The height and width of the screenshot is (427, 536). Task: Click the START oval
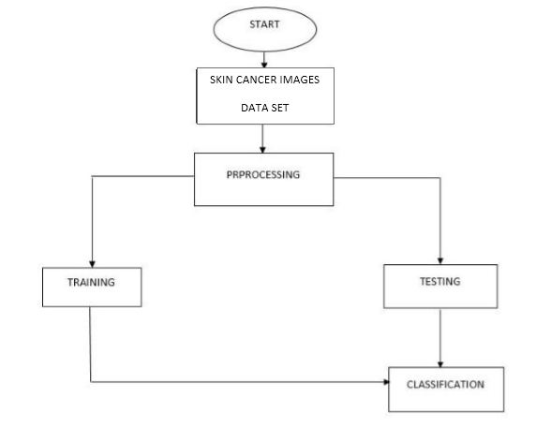pyautogui.click(x=264, y=27)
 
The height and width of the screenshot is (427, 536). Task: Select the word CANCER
pyautogui.click(x=260, y=80)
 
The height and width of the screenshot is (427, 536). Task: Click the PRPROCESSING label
pyautogui.click(x=263, y=175)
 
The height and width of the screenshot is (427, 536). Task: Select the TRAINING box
pyautogui.click(x=92, y=287)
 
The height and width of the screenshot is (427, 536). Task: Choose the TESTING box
pyautogui.click(x=439, y=286)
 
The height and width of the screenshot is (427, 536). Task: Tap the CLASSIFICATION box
pyautogui.click(x=445, y=389)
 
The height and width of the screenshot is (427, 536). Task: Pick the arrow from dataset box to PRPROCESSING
pyautogui.click(x=264, y=139)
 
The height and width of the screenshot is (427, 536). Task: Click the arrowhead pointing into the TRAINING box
pyautogui.click(x=91, y=263)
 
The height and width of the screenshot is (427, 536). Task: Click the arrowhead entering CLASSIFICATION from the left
pyautogui.click(x=384, y=381)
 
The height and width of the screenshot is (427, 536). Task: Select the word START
pyautogui.click(x=264, y=24)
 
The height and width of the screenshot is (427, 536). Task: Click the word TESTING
pyautogui.click(x=439, y=281)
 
